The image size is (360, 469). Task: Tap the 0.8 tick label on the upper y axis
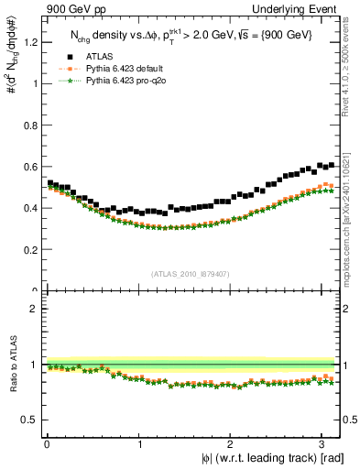point(30,125)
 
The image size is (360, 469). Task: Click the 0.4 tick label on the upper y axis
point(30,208)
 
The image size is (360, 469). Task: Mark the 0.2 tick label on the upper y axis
point(30,249)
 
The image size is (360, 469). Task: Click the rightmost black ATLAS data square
point(331,165)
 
